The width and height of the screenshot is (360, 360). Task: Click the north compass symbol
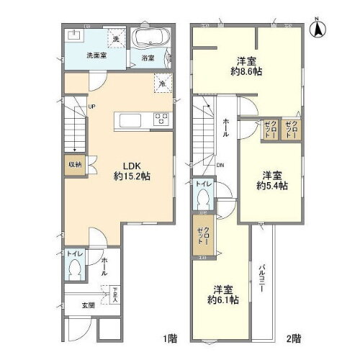[x=316, y=28]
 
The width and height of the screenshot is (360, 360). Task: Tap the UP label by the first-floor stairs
[x=92, y=109]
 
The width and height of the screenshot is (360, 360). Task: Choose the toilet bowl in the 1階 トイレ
[x=73, y=270]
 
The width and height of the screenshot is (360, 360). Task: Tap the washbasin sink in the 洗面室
[x=74, y=34]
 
